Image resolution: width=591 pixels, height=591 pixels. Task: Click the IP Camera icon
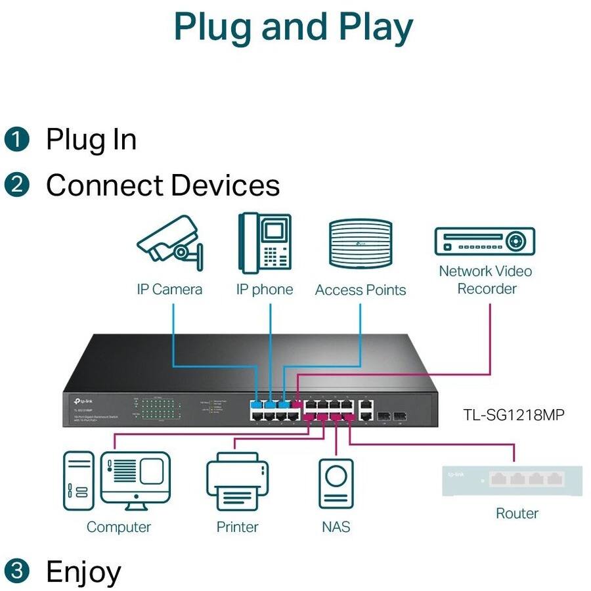(x=169, y=245)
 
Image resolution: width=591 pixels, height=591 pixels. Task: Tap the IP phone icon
(x=264, y=242)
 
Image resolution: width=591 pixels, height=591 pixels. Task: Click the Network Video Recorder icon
(x=485, y=241)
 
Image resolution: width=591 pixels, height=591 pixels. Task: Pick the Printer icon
(x=237, y=483)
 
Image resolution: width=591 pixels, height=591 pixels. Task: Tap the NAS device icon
(x=336, y=483)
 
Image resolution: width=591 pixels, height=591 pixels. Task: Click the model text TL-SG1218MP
(x=514, y=414)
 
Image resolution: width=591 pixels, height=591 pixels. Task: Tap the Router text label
(x=517, y=514)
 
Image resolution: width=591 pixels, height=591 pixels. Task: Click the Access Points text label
(x=361, y=290)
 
